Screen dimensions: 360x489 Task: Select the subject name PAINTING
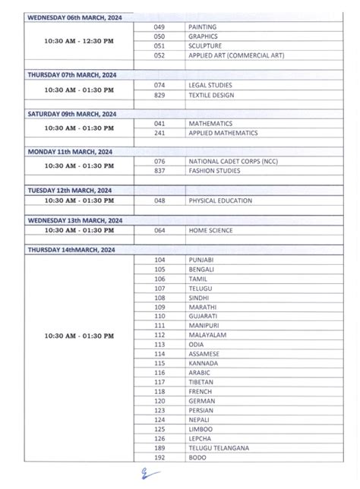pyautogui.click(x=201, y=27)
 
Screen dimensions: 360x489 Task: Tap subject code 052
pyautogui.click(x=159, y=55)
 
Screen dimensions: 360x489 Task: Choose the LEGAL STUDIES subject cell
pyautogui.click(x=210, y=85)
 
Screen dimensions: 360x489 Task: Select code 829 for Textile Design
pyautogui.click(x=159, y=95)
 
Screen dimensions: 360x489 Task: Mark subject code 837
pyautogui.click(x=159, y=171)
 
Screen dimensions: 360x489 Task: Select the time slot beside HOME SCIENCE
pyautogui.click(x=78, y=230)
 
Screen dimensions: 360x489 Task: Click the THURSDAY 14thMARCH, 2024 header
pyautogui.click(x=71, y=249)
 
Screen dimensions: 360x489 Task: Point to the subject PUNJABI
pyautogui.click(x=201, y=260)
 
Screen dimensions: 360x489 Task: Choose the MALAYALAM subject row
pyautogui.click(x=205, y=335)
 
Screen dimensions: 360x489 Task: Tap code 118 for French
pyautogui.click(x=159, y=391)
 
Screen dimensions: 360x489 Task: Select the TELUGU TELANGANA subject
pyautogui.click(x=218, y=448)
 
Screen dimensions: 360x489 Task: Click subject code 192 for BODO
pyautogui.click(x=159, y=458)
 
